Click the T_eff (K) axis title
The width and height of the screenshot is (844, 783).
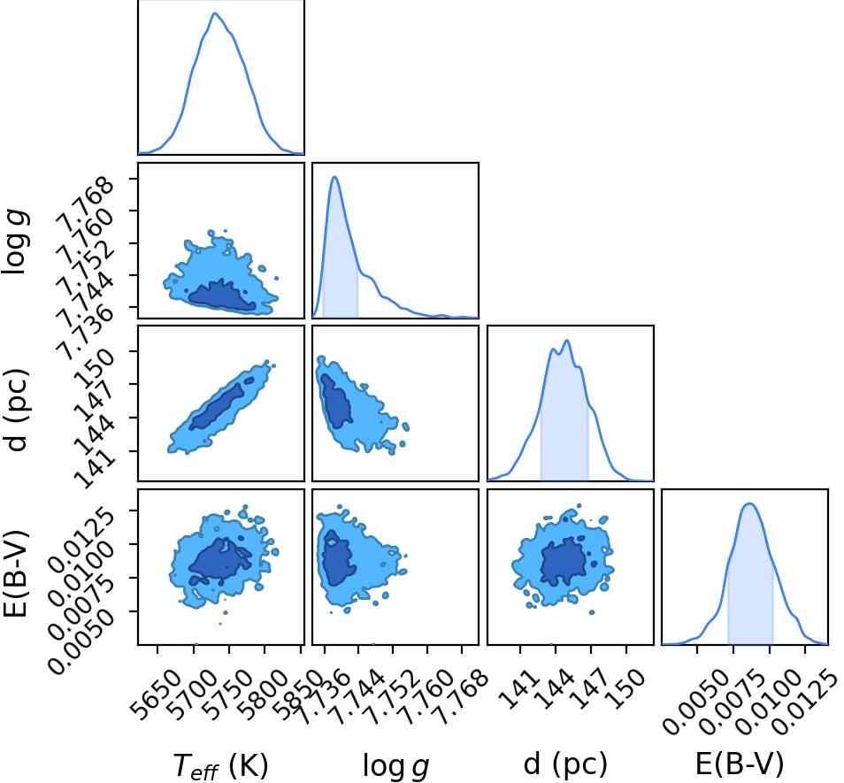(x=220, y=766)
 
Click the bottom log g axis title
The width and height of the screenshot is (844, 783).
(x=396, y=766)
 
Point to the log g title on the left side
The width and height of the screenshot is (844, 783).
(x=15, y=242)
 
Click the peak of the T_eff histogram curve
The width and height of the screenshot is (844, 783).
(x=215, y=13)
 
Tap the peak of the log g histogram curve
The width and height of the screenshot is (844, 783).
(x=334, y=177)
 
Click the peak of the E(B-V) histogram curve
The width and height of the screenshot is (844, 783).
(x=750, y=503)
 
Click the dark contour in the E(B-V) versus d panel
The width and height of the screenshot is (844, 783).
(x=563, y=561)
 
